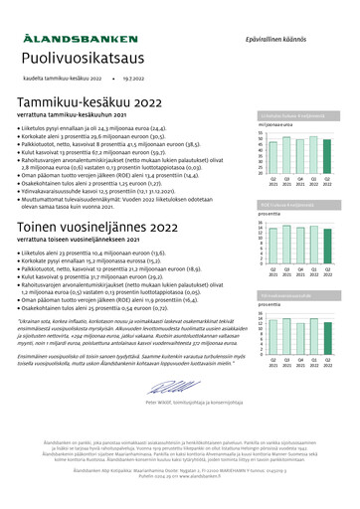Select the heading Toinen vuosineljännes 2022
(x=101, y=228)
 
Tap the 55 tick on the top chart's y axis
(x=260, y=132)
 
